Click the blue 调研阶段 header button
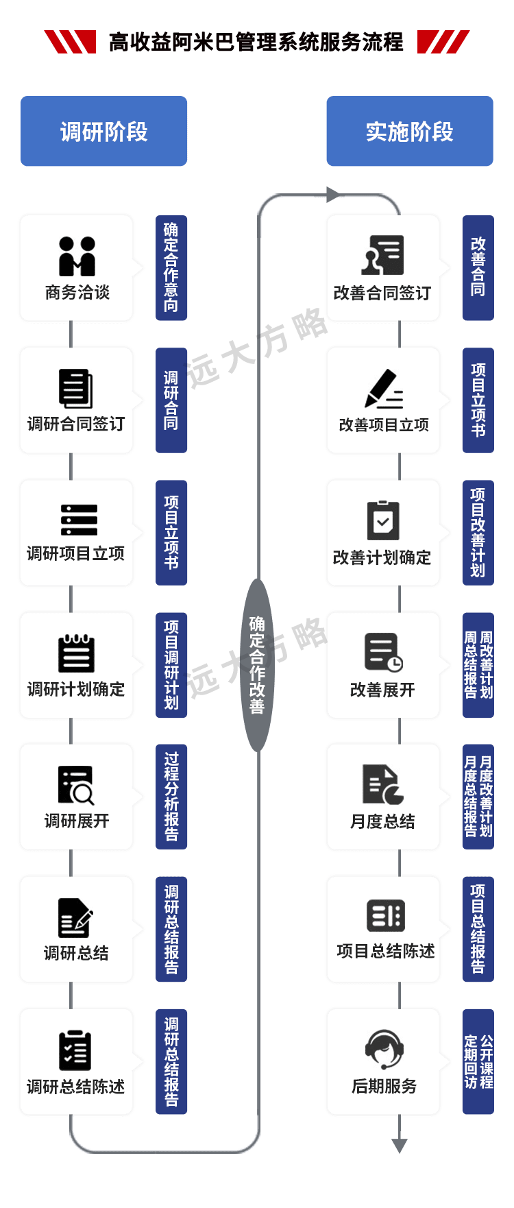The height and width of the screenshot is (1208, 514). [x=103, y=132]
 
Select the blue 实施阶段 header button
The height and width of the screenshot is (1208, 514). [x=409, y=132]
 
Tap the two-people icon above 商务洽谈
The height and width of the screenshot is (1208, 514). [x=77, y=256]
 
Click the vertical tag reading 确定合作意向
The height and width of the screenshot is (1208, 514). [x=171, y=267]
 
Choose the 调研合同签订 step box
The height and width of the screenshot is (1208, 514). [x=77, y=400]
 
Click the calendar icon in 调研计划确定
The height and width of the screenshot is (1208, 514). [x=77, y=653]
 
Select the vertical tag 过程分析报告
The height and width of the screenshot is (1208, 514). [x=171, y=797]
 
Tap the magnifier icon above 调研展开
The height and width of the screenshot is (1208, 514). [x=77, y=784]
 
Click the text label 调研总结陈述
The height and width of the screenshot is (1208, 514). [x=76, y=1087]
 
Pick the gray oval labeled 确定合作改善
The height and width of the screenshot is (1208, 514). [x=257, y=664]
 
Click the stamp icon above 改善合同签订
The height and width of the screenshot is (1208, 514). [x=383, y=256]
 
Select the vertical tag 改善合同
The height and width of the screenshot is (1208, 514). [x=478, y=267]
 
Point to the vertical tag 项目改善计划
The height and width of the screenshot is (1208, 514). [x=478, y=532]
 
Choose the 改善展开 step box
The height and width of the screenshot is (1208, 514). [x=383, y=665]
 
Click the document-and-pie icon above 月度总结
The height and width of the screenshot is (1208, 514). [x=383, y=784]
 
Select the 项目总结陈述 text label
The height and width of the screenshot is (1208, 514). [x=386, y=952]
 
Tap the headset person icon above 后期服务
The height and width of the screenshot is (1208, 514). [x=384, y=1049]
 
